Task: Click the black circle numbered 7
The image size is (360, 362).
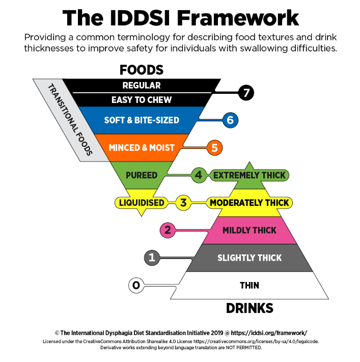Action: [x=246, y=93]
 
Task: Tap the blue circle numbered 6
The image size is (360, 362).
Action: [x=230, y=120]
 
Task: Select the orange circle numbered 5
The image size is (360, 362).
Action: [x=214, y=148]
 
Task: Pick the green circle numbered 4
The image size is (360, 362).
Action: [x=199, y=175]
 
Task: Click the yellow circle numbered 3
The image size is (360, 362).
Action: [x=183, y=203]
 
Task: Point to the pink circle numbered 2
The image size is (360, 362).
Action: [x=168, y=230]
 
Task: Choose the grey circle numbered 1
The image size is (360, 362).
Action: [x=152, y=257]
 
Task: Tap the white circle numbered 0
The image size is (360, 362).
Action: [x=136, y=286]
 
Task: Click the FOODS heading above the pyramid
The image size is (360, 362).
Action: [x=142, y=70]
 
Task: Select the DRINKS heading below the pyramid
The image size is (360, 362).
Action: [x=250, y=308]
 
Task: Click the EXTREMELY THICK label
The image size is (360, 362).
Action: [x=250, y=175]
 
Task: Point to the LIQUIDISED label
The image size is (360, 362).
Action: [x=142, y=203]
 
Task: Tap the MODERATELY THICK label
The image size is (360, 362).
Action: [x=250, y=203]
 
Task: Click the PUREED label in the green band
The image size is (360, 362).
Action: [x=142, y=175]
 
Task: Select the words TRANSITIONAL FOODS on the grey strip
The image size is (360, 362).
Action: [x=70, y=119]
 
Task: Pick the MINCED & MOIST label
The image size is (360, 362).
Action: [x=142, y=148]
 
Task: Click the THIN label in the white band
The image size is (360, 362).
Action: [x=250, y=286]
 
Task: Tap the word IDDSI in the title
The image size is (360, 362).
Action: [x=140, y=18]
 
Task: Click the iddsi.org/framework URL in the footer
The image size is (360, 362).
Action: [x=269, y=333]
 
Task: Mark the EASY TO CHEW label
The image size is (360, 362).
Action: [x=142, y=100]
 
